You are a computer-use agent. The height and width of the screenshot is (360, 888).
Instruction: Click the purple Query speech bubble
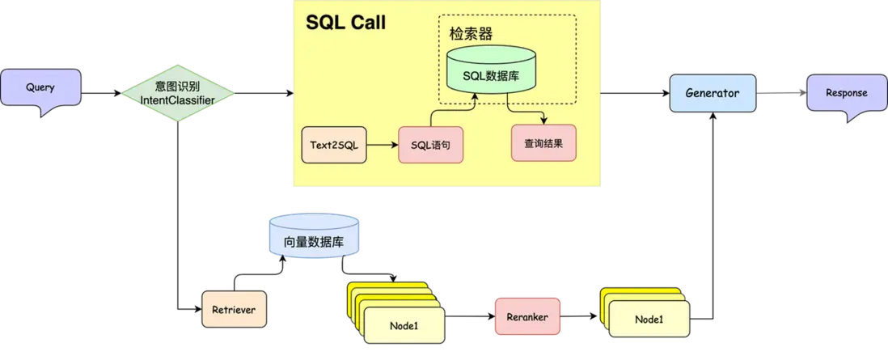click(40, 88)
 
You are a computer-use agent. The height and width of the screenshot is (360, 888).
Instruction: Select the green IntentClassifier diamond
click(178, 94)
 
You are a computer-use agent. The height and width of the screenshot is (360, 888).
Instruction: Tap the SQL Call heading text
click(345, 23)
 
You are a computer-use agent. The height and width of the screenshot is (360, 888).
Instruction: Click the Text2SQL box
click(333, 146)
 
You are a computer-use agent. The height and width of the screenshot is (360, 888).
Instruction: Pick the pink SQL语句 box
click(435, 146)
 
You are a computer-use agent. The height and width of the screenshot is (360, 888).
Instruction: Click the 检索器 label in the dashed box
click(471, 34)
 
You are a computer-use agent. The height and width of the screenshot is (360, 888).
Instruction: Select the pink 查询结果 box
click(543, 143)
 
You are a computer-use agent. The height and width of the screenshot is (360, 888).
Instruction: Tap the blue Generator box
click(712, 93)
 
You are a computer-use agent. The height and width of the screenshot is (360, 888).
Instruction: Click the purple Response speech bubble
click(846, 94)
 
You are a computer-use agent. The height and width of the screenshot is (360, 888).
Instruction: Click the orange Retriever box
click(234, 310)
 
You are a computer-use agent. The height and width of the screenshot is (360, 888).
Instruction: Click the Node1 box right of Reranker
click(649, 320)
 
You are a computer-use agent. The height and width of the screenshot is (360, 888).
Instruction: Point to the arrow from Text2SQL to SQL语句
click(382, 146)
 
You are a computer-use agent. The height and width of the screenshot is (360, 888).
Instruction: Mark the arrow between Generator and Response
click(780, 94)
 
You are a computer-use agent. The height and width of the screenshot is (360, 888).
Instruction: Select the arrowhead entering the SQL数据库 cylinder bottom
click(476, 96)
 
